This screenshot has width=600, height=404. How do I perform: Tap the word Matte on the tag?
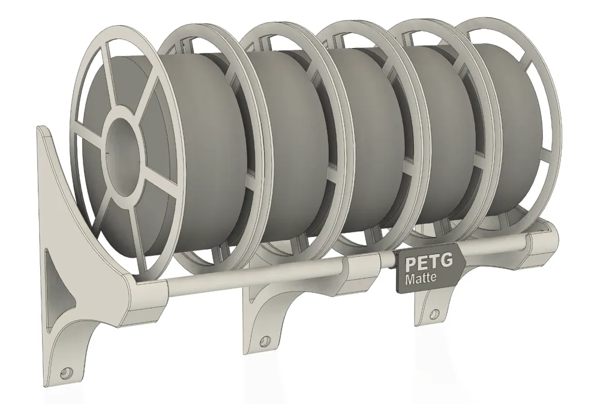pos(420,279)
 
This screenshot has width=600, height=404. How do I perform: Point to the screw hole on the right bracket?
pos(434,313)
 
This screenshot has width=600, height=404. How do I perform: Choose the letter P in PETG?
pos(411,264)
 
